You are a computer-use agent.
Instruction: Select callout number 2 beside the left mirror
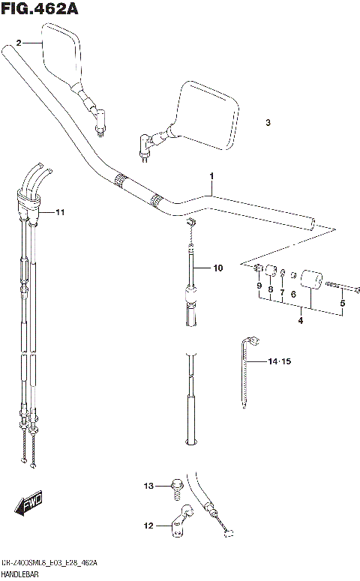(x=19, y=44)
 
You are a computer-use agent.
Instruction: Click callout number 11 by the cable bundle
(x=60, y=213)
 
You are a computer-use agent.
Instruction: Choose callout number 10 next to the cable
(x=217, y=268)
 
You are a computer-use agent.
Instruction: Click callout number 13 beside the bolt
(x=148, y=487)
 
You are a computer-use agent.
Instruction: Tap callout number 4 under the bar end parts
(x=300, y=322)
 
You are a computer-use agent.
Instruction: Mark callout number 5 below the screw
(x=343, y=304)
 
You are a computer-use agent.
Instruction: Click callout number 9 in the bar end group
(x=258, y=286)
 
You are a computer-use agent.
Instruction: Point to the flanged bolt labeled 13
(x=175, y=488)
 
